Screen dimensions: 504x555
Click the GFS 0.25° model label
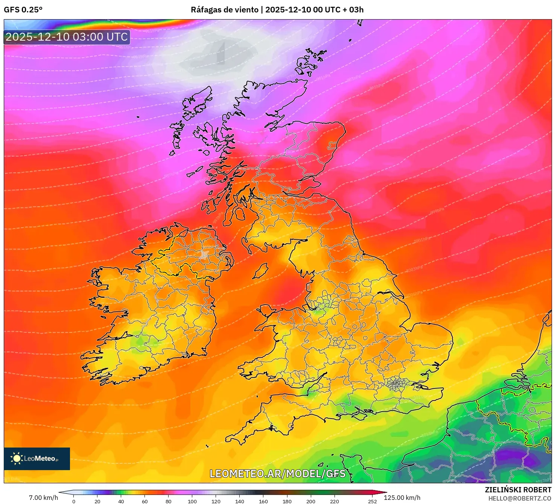click(23, 10)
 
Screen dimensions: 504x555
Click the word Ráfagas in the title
click(205, 10)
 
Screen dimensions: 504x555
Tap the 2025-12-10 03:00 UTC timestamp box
click(67, 37)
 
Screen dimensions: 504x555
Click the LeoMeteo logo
click(37, 458)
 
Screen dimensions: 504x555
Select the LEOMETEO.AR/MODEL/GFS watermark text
click(277, 474)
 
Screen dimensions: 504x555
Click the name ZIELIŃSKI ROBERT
click(518, 490)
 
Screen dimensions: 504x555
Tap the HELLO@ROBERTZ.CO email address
click(520, 498)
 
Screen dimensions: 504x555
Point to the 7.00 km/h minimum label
click(43, 498)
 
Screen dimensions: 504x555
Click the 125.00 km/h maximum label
click(402, 498)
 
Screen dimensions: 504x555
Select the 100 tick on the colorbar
click(192, 501)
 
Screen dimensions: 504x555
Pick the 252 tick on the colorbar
click(372, 501)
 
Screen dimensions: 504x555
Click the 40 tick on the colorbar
click(121, 501)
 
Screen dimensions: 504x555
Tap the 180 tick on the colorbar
click(287, 501)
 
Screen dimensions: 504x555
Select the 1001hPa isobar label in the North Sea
click(421, 239)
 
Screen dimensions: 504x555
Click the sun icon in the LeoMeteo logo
click(17, 458)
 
